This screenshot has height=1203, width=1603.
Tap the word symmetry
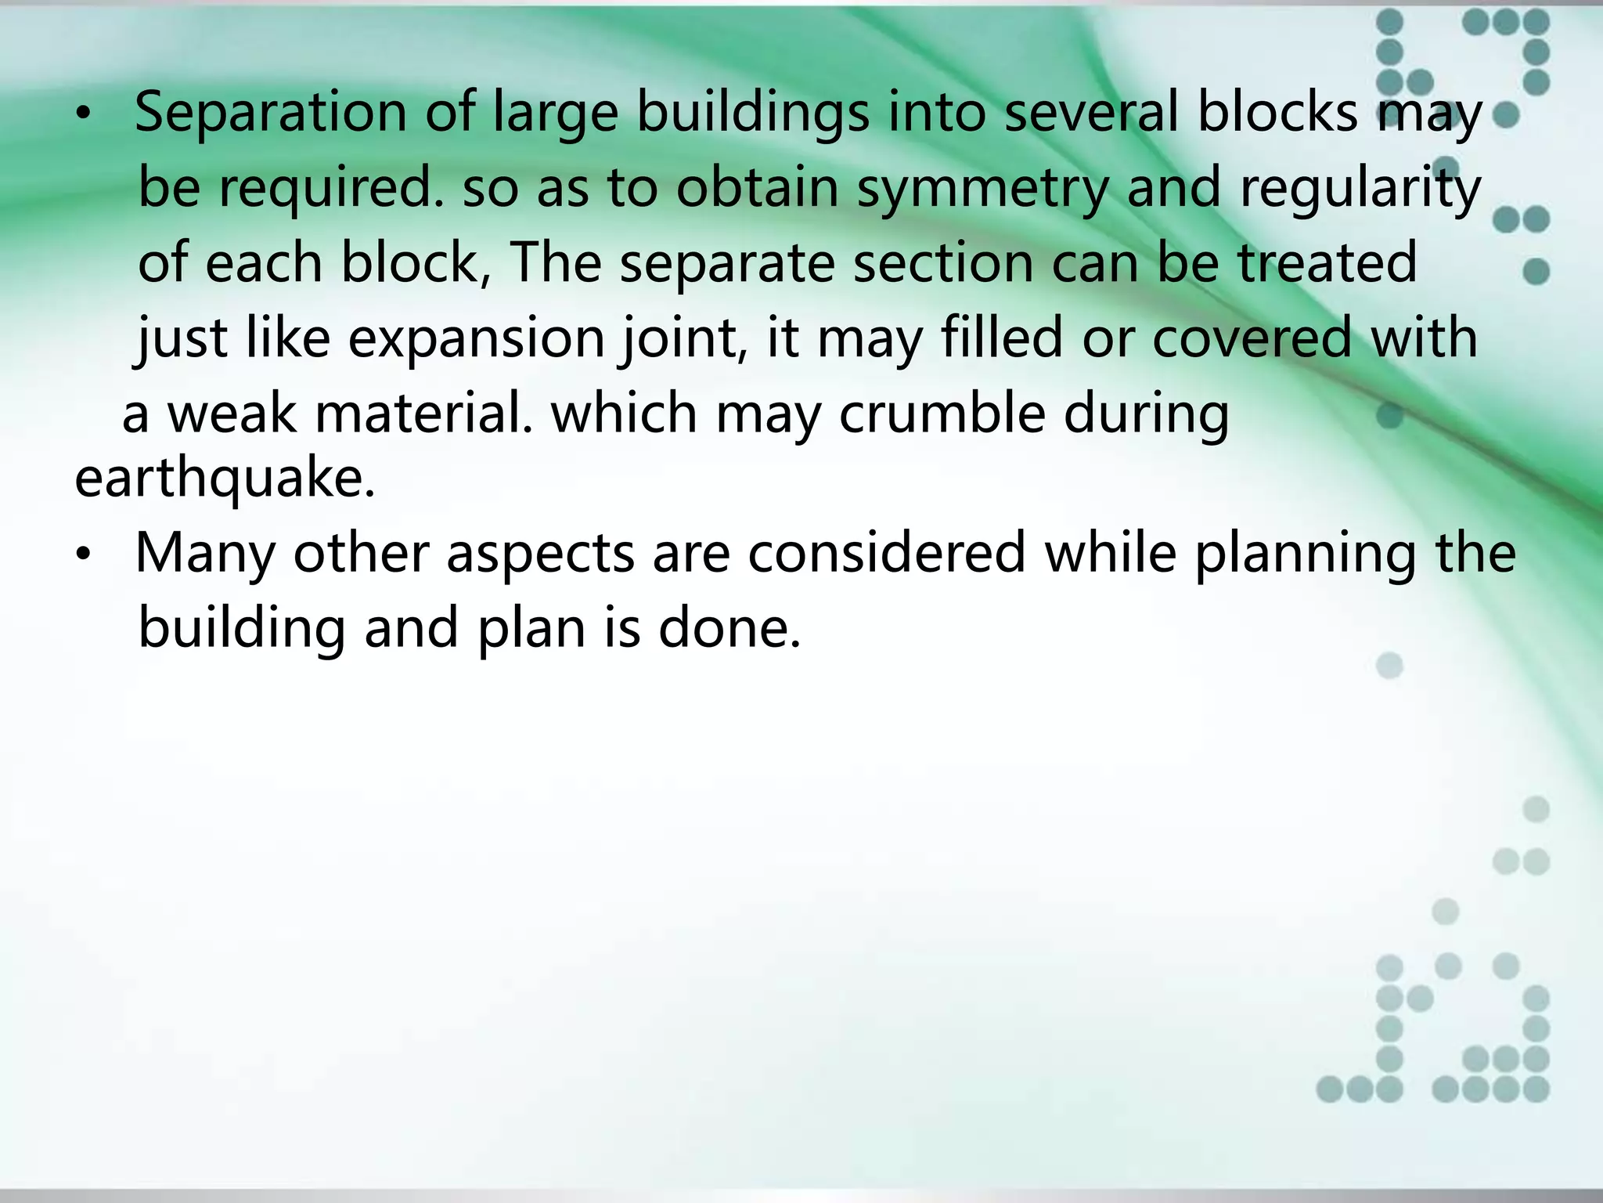click(x=982, y=190)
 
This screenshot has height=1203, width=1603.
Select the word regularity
click(x=1360, y=190)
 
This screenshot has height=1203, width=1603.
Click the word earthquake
click(x=225, y=479)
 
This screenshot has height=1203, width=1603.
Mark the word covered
click(x=1252, y=338)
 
